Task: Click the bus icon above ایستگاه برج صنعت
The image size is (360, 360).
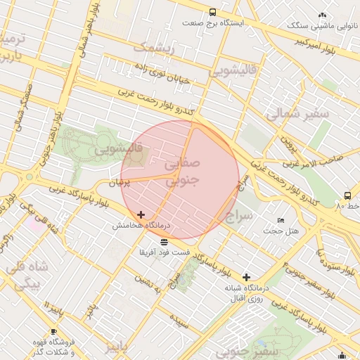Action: click(x=213, y=12)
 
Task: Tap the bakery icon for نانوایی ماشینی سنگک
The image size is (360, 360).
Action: click(x=323, y=15)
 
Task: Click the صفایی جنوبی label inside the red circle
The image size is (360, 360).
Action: click(x=182, y=171)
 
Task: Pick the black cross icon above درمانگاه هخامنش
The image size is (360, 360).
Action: click(x=141, y=214)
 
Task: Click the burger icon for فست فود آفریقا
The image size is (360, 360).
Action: click(x=164, y=241)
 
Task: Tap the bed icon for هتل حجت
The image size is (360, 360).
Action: click(x=281, y=220)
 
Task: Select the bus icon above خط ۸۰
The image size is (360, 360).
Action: click(x=347, y=195)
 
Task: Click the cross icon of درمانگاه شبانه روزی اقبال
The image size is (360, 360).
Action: click(x=246, y=277)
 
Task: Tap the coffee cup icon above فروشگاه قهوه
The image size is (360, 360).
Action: click(x=53, y=331)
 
